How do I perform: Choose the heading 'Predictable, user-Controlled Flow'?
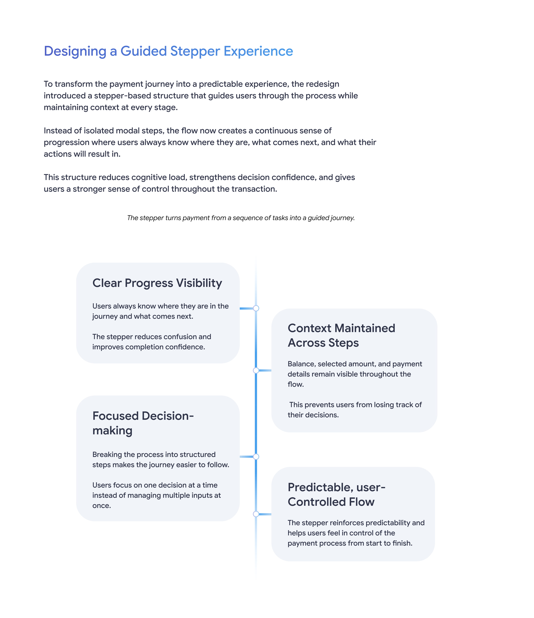tap(336, 494)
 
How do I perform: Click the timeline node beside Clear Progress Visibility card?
tap(256, 308)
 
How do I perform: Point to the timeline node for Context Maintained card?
tap(256, 370)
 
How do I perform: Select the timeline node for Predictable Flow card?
tap(256, 514)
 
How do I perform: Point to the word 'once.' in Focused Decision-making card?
tap(102, 506)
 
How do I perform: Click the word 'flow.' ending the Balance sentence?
tap(295, 384)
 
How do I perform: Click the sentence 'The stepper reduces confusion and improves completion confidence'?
tap(152, 342)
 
